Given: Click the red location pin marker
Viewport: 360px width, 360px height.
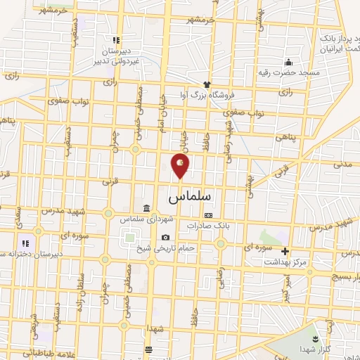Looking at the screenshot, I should click(181, 165).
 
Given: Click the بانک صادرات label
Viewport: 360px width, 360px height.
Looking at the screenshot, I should click(208, 225).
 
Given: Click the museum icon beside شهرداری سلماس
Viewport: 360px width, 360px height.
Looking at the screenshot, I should click(146, 209).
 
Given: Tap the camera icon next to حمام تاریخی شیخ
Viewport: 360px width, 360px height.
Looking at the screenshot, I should click(165, 238).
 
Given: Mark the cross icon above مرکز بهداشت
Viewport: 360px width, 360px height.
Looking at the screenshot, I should click(285, 251).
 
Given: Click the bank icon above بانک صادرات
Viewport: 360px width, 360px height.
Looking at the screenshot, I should click(208, 215).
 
